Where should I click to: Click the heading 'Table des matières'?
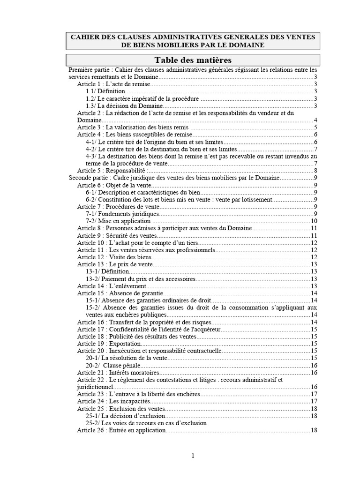point(193,60)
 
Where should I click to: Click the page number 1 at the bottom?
point(193,455)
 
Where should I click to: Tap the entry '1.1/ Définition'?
point(105,91)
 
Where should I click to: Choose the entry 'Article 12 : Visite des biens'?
point(114,257)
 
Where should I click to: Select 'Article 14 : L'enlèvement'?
point(112,286)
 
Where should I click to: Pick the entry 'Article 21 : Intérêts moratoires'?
point(118,373)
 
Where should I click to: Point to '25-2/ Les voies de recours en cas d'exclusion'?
point(146,423)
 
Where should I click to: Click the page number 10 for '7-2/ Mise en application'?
point(315,221)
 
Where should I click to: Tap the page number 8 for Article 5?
point(316,171)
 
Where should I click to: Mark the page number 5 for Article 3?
point(316,127)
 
